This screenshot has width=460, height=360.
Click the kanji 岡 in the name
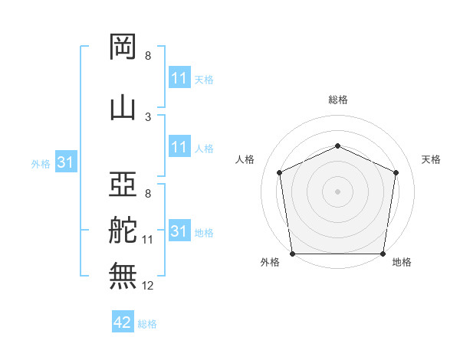click(x=123, y=47)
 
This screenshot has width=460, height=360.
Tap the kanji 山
click(x=123, y=109)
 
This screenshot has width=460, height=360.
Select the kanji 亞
click(x=123, y=184)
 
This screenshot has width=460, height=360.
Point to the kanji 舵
click(x=123, y=230)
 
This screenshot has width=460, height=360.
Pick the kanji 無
click(x=123, y=276)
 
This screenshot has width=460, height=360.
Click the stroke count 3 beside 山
click(x=148, y=117)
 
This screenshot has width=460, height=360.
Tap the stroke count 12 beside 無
click(x=147, y=286)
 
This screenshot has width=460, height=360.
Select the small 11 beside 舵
click(x=147, y=240)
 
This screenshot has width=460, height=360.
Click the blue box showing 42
click(x=123, y=321)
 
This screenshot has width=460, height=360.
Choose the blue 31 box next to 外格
click(x=66, y=162)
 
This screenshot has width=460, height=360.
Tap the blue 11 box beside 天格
click(x=180, y=77)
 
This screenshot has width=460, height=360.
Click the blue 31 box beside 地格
click(x=180, y=230)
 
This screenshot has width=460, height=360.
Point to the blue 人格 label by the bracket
click(x=204, y=149)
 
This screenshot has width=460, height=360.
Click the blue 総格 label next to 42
click(x=147, y=324)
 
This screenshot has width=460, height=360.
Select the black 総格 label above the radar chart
click(x=338, y=100)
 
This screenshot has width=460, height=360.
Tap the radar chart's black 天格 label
click(x=431, y=159)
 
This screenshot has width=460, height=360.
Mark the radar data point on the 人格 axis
click(x=280, y=172)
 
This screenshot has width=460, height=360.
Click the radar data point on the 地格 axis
click(x=383, y=254)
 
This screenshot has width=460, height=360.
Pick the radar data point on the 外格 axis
click(x=293, y=254)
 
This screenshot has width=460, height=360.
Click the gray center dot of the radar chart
click(x=337, y=191)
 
